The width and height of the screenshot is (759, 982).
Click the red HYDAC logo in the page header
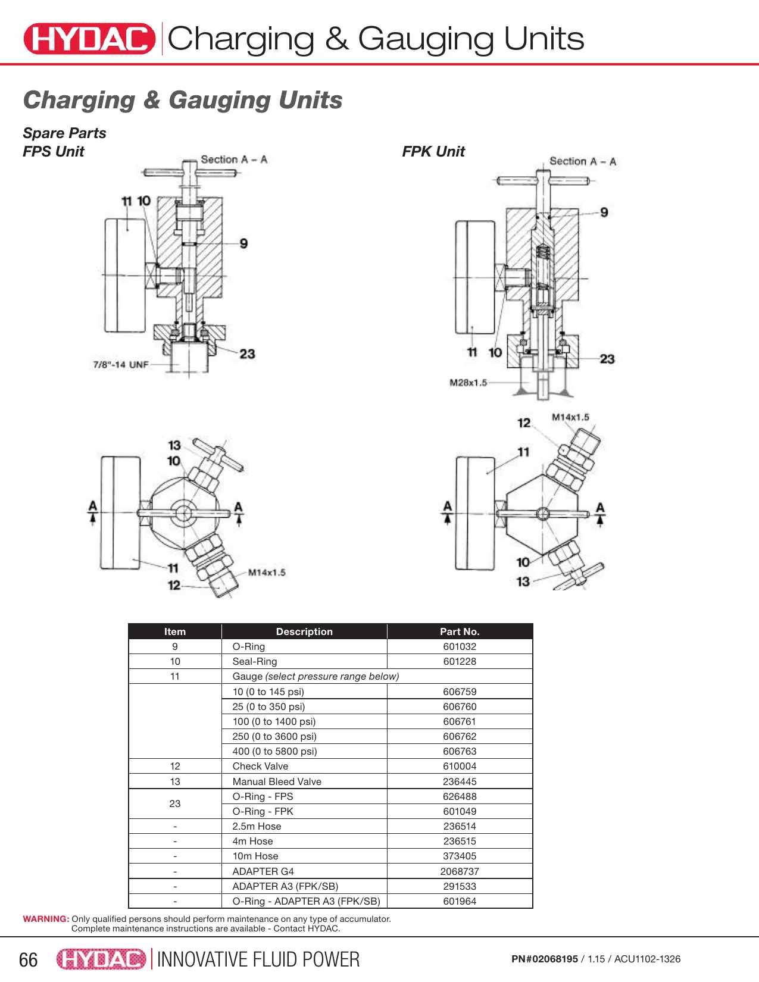[89, 39]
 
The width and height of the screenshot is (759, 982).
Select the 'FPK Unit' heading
[433, 151]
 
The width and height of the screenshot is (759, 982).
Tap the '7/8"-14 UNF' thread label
[121, 364]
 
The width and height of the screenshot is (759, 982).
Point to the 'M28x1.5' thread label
[468, 383]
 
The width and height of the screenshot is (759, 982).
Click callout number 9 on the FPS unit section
[243, 243]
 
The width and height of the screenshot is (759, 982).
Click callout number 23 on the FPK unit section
[607, 359]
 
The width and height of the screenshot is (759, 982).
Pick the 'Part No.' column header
[460, 631]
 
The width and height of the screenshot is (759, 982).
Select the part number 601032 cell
[460, 646]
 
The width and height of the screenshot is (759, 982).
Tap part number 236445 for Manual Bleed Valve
[460, 781]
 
